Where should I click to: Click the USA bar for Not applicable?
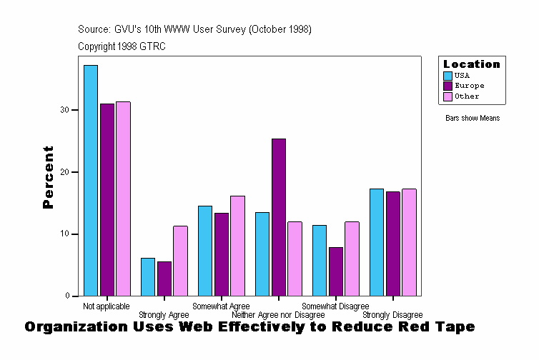pos(91,180)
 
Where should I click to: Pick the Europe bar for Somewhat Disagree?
pos(336,271)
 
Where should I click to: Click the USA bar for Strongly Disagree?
pos(377,242)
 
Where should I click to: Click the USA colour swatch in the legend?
pos(448,75)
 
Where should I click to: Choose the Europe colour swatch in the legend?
pos(448,86)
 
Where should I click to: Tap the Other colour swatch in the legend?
pos(448,96)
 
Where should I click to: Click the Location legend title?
pos(472,64)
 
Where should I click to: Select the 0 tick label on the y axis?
pos(66,296)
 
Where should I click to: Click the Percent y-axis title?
pos(48,177)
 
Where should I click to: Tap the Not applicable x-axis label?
pos(107,306)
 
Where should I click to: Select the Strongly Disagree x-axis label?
pos(392,315)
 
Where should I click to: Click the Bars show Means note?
pos(473,119)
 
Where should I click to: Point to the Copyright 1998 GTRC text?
pos(122,46)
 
